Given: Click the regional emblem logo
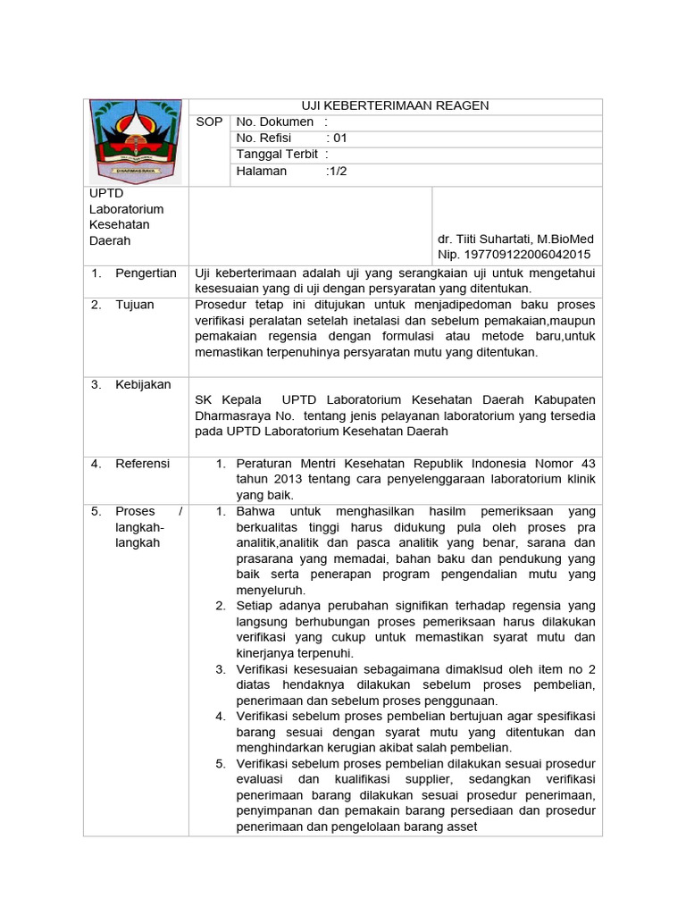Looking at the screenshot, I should coord(135,141).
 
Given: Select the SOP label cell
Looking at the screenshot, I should coord(209,122).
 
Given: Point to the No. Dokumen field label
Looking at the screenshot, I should coord(275,122).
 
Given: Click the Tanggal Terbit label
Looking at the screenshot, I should coord(277,155).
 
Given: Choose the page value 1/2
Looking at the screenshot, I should coord(339,171).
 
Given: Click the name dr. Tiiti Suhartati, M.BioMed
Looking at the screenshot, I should coord(515,239).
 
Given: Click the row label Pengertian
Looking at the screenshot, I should coord(146,273).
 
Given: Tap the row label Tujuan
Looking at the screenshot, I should coord(135,305).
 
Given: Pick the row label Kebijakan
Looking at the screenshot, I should coord(143,384).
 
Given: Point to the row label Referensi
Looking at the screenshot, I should coord(142,464).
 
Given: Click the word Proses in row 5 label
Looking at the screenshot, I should coord(135,511).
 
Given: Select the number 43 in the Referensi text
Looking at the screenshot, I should coord(587,464).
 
